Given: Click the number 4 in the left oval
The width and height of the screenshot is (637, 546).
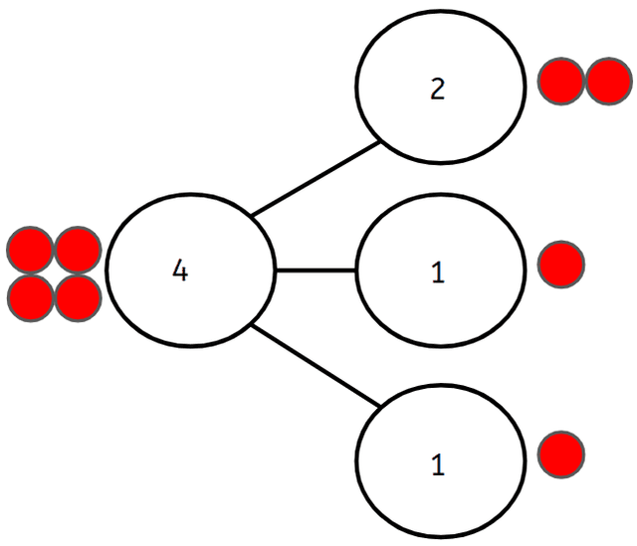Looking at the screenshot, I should pyautogui.click(x=179, y=271).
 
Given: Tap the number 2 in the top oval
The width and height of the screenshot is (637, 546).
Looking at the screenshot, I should pyautogui.click(x=438, y=90).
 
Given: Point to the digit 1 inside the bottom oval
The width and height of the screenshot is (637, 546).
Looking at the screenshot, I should pyautogui.click(x=438, y=464).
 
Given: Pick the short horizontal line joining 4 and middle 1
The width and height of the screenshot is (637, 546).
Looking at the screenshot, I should pyautogui.click(x=315, y=271).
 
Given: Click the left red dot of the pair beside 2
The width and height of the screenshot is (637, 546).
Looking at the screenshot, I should pyautogui.click(x=561, y=82).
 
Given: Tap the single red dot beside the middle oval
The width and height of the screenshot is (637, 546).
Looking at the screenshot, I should pyautogui.click(x=561, y=265).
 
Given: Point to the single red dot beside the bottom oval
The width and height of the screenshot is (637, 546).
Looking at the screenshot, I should pyautogui.click(x=561, y=454).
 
